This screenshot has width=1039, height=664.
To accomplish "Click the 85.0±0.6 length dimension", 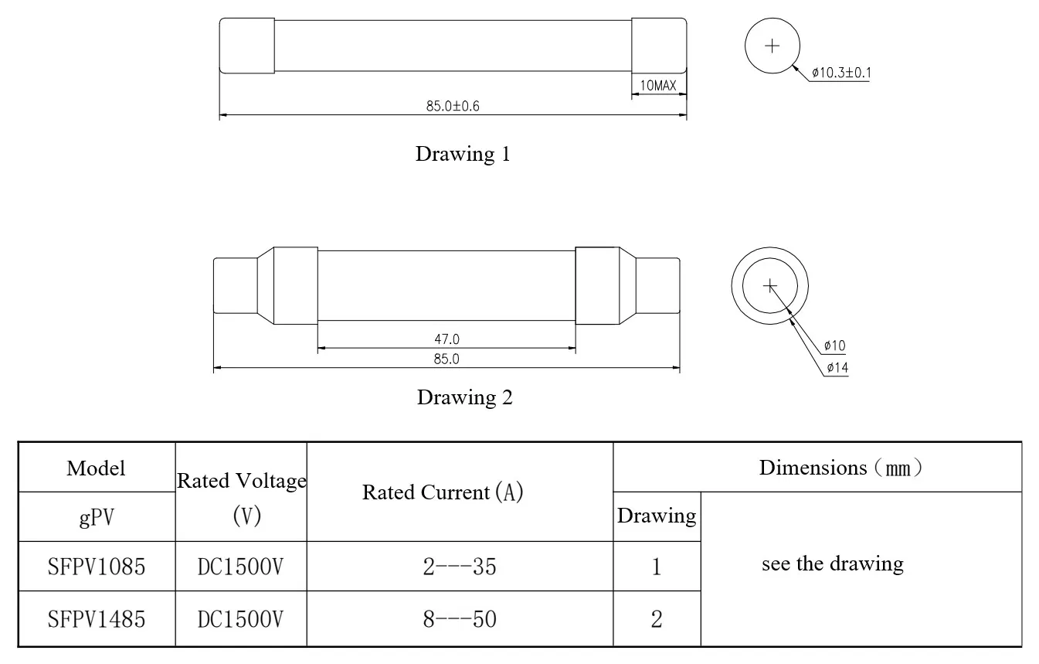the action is pyautogui.click(x=453, y=106).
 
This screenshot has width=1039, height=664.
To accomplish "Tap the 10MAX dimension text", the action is pyautogui.click(x=658, y=85).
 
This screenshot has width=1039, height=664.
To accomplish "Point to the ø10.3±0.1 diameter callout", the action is pyautogui.click(x=841, y=73).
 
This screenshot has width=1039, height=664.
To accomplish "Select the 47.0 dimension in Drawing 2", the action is pyautogui.click(x=446, y=339).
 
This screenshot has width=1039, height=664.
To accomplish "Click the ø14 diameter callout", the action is pyautogui.click(x=837, y=368).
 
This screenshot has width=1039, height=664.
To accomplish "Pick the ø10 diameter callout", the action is pyautogui.click(x=835, y=346).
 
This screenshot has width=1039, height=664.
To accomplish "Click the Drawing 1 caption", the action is pyautogui.click(x=463, y=154).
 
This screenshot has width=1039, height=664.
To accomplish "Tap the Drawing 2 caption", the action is pyautogui.click(x=465, y=397).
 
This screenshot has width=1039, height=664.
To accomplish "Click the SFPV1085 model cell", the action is pyautogui.click(x=97, y=567).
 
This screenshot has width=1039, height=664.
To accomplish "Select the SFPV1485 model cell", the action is pyautogui.click(x=97, y=619).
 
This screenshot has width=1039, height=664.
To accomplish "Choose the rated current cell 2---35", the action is pyautogui.click(x=460, y=567).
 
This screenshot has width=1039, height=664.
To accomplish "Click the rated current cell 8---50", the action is pyautogui.click(x=460, y=619).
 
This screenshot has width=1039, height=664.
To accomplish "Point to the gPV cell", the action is pyautogui.click(x=97, y=517).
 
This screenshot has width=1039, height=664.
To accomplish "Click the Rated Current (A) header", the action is pyautogui.click(x=443, y=492).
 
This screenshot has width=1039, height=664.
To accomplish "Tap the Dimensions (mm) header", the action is pyautogui.click(x=840, y=468).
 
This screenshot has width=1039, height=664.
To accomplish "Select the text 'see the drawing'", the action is pyautogui.click(x=833, y=564).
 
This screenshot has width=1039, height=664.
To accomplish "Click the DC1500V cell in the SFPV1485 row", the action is pyautogui.click(x=240, y=619).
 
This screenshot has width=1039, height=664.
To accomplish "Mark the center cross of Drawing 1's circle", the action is pyautogui.click(x=772, y=46).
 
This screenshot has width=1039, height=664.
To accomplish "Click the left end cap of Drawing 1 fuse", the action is pyautogui.click(x=246, y=46).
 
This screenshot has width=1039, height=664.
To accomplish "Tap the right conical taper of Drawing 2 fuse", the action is pyautogui.click(x=627, y=285).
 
